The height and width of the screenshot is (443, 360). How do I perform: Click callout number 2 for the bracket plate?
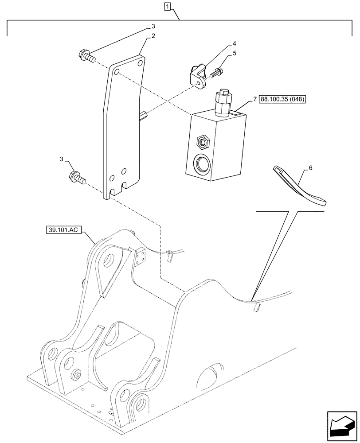[153, 36]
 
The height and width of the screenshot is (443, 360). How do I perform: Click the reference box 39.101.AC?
[63, 230]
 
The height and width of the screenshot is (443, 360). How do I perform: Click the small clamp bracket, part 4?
[198, 76]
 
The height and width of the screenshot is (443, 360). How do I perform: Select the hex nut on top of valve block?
[223, 93]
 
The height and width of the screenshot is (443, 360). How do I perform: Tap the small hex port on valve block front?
[203, 142]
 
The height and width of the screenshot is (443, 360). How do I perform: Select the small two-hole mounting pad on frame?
[141, 257]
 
